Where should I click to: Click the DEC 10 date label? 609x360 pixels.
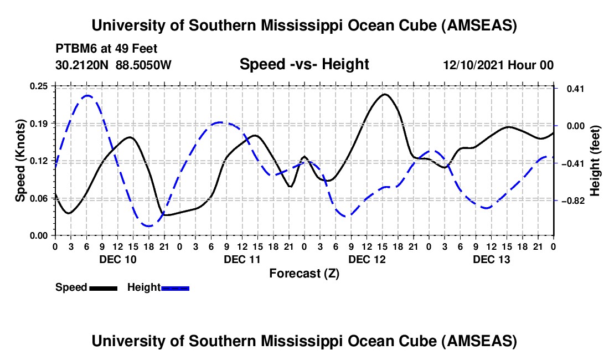pos(118,259)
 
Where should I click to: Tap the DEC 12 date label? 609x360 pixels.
pos(367,259)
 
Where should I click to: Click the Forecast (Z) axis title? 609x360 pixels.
pos(304,273)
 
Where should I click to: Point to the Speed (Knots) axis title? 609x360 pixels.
pos(20,161)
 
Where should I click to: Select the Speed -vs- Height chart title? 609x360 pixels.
pos(304,64)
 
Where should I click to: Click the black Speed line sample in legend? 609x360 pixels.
pos(102,287)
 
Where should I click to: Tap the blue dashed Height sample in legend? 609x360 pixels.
pos(175,287)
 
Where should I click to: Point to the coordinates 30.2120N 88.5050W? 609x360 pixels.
pos(113,65)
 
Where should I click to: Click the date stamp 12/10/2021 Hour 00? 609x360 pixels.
pos(498,65)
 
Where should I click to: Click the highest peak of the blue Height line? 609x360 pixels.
pos(87,96)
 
